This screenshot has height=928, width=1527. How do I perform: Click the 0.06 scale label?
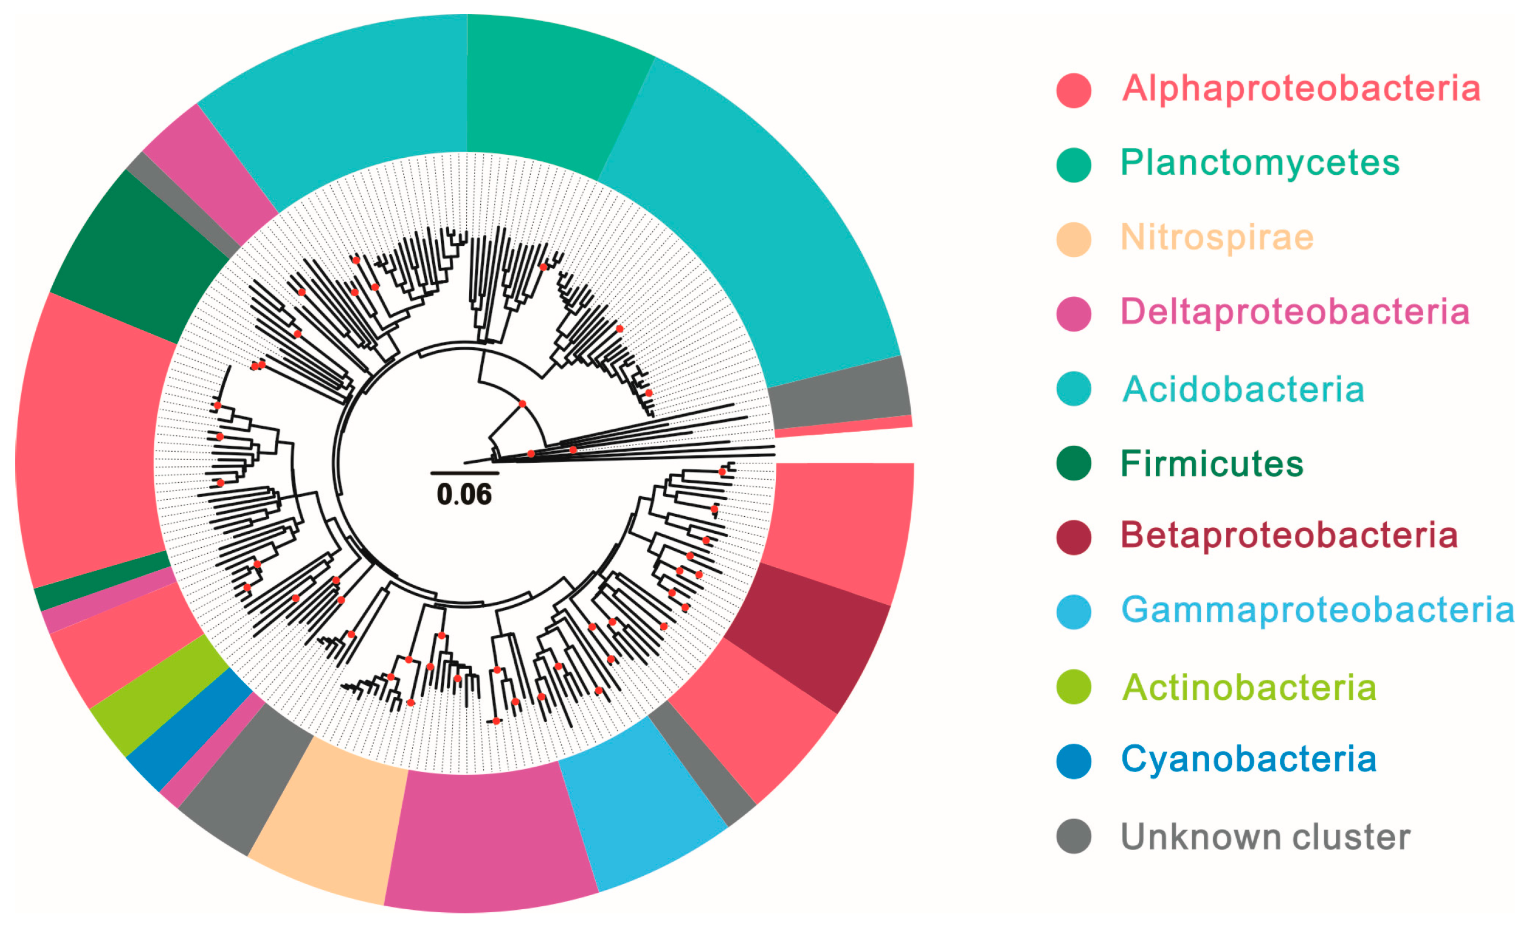[464, 494]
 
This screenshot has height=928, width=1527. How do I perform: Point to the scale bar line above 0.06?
[464, 473]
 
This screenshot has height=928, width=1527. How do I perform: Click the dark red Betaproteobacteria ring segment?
[812, 632]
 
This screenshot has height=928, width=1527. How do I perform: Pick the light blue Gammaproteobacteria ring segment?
[639, 806]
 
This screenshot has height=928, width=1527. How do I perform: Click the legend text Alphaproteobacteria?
[1301, 89]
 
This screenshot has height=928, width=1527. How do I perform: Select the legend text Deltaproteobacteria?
[1295, 312]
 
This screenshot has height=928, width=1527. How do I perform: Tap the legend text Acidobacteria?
[1243, 390]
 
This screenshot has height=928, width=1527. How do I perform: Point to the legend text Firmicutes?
[1212, 463]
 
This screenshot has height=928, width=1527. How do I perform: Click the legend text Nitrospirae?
[1217, 238]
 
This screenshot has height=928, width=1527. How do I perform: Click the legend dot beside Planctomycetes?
[1073, 165]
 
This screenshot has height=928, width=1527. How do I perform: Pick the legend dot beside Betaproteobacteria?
[1073, 537]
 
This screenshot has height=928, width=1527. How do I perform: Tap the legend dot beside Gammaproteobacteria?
[1073, 612]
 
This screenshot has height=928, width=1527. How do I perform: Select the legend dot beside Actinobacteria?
[1073, 687]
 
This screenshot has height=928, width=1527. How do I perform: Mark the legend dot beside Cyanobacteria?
[1073, 761]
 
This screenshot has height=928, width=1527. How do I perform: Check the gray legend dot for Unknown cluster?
[1073, 836]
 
